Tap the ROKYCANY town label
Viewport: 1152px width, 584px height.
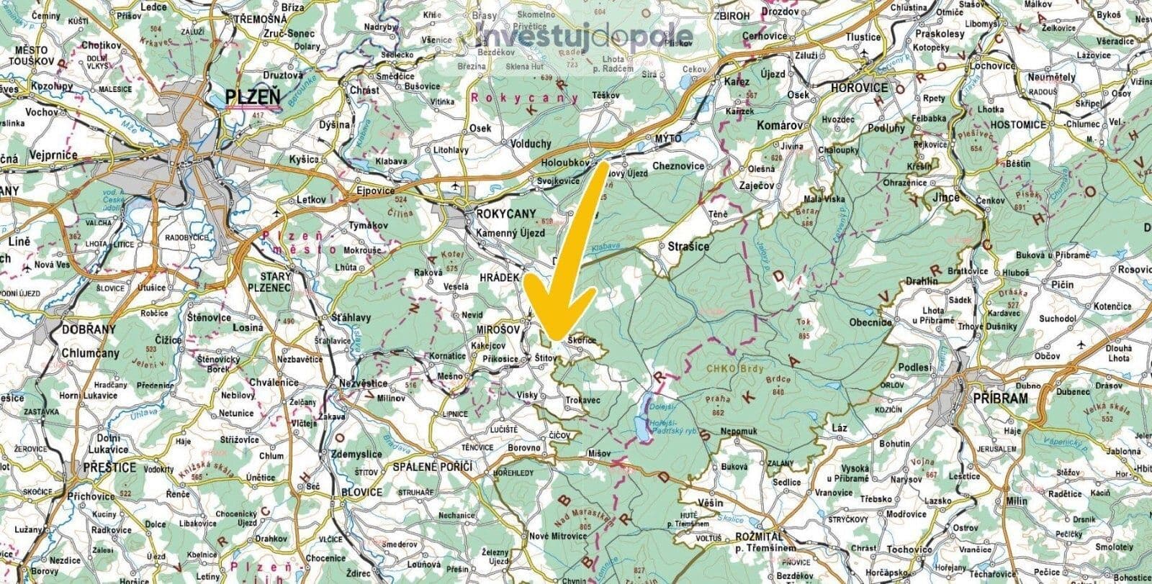pos(507,214)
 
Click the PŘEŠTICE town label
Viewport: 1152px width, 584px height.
pos(109,467)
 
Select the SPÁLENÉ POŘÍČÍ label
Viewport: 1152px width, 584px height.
pos(431,467)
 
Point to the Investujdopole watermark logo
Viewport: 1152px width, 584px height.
pos(585,36)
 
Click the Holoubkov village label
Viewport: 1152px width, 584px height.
pos(564,163)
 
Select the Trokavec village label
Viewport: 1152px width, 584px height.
pos(583,399)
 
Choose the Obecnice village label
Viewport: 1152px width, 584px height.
pos(871,323)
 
